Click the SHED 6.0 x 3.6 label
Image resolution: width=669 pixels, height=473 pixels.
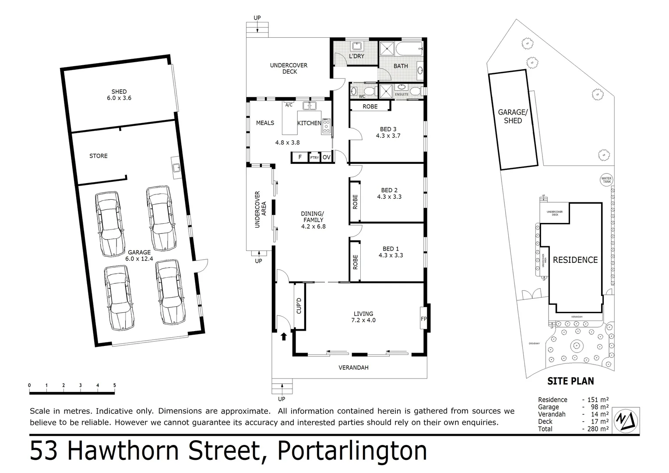[x=119, y=95]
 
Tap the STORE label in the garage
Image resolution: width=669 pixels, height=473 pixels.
[x=98, y=156]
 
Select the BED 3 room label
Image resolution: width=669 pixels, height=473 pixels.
[x=388, y=132]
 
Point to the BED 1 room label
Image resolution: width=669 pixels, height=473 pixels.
[x=391, y=252]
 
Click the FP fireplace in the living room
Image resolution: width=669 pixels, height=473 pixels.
[x=423, y=319]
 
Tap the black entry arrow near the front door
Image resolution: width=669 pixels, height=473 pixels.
[x=284, y=336]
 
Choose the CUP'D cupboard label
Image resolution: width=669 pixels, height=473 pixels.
[x=299, y=306]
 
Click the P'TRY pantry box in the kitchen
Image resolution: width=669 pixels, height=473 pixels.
[x=314, y=157]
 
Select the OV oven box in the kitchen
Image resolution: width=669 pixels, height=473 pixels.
[x=327, y=157]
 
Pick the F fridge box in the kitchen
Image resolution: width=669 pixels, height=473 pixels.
[x=300, y=157]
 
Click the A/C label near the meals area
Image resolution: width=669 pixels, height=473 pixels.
[x=289, y=105]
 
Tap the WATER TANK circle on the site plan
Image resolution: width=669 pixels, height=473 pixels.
[x=606, y=180]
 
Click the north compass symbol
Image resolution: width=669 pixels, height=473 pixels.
[x=627, y=420]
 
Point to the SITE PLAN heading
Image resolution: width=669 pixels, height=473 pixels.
[x=570, y=381]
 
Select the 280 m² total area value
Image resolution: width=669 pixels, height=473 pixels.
[x=598, y=429]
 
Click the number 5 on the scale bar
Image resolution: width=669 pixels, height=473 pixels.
[x=115, y=385]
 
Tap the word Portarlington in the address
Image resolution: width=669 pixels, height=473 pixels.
[x=352, y=451]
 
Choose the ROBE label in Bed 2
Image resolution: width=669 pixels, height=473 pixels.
[x=355, y=201]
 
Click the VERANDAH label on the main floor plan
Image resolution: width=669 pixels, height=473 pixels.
[x=353, y=367]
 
